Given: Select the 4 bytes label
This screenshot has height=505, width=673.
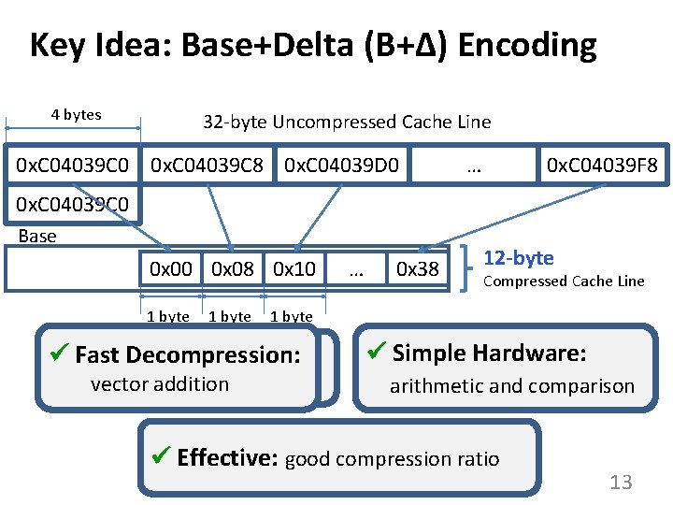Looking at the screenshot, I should pos(76,115).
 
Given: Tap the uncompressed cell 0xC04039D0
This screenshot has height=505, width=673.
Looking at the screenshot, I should pos(342,166).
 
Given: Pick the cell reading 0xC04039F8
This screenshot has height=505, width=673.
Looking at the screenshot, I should pos(602,166).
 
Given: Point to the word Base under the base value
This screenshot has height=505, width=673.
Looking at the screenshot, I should pos(37,236).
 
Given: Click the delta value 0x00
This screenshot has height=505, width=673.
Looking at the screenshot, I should pos(171,269).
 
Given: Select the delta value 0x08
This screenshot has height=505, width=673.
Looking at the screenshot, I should pos(233,269).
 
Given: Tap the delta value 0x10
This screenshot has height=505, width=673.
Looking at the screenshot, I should pos(294,269).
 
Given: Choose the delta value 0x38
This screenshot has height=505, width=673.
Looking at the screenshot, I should pos(418,269).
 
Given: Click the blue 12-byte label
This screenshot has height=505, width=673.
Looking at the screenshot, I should pos(518,258).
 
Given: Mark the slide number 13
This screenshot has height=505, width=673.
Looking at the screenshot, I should pos(621,483).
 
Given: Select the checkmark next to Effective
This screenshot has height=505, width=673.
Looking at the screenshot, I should pos(161,457).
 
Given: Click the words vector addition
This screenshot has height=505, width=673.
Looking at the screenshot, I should pos(159,383).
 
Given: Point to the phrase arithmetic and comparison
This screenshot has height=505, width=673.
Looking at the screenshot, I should pos(511,385).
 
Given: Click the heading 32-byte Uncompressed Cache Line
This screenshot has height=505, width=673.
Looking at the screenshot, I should pos(347,122).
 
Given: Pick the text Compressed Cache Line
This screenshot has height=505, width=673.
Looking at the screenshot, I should pos(564,281).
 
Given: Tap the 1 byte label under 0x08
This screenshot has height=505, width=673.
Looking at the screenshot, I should pos(229,317).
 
